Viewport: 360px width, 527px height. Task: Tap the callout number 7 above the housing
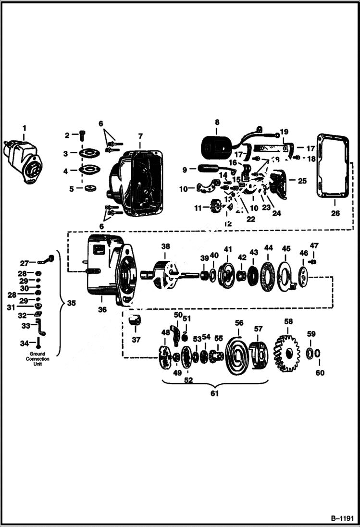pos(139,137)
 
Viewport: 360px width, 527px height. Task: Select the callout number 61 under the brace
pos(214,393)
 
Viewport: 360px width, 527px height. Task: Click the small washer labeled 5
pos(87,188)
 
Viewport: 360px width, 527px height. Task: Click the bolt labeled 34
pos(37,343)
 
